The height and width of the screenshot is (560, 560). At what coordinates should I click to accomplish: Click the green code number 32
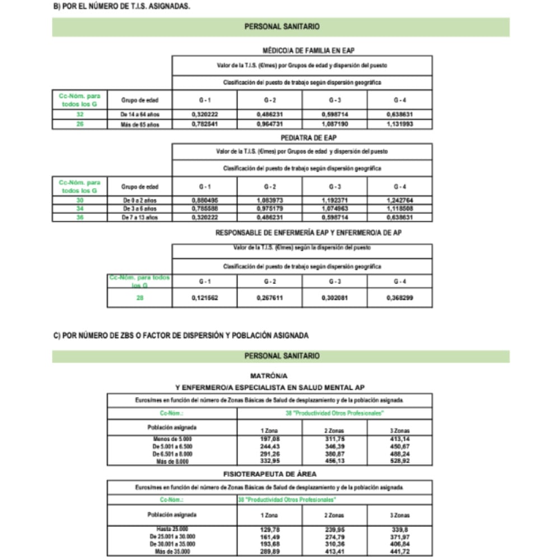pyautogui.click(x=80, y=114)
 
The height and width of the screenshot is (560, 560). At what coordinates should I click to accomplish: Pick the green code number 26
pyautogui.click(x=80, y=124)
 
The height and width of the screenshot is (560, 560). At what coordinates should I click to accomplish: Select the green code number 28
pyautogui.click(x=139, y=298)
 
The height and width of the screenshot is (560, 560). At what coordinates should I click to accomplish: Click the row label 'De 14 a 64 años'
pyautogui.click(x=139, y=114)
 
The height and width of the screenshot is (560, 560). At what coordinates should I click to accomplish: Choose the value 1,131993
pyautogui.click(x=400, y=124)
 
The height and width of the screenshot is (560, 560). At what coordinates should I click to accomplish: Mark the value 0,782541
pyautogui.click(x=204, y=124)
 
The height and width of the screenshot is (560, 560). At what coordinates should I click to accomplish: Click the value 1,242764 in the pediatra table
pyautogui.click(x=400, y=200)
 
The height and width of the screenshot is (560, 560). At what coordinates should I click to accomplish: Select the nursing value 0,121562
pyautogui.click(x=204, y=298)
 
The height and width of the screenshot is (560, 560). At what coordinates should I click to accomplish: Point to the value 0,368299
pyautogui.click(x=400, y=298)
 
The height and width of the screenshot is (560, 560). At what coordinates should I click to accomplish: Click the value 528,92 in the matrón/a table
pyautogui.click(x=400, y=462)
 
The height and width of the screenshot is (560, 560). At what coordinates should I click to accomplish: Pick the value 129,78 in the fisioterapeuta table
pyautogui.click(x=269, y=529)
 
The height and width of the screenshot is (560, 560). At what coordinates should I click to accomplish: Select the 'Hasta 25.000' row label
pyautogui.click(x=172, y=529)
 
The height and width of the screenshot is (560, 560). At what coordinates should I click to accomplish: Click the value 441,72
pyautogui.click(x=400, y=552)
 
